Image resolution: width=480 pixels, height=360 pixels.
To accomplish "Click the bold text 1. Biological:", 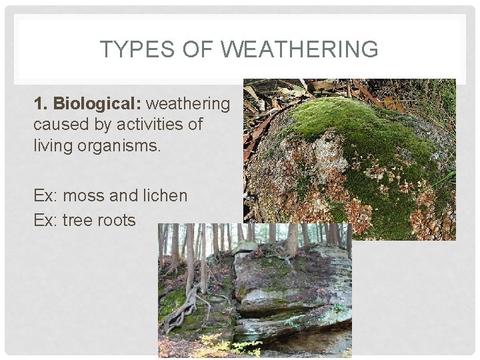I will click(x=87, y=103).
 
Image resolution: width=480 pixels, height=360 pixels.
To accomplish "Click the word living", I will click(x=51, y=145).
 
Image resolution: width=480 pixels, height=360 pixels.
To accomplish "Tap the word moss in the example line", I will click(x=89, y=195).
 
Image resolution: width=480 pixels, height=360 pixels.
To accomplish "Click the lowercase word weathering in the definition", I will click(x=187, y=103).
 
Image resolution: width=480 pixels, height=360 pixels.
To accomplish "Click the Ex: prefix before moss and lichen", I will click(x=45, y=195).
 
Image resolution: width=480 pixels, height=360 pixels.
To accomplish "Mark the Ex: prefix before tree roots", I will click(x=45, y=220).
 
